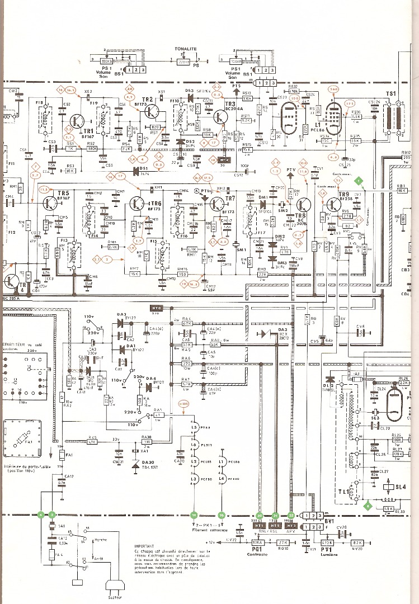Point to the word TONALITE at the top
[185, 49]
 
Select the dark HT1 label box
[260, 526]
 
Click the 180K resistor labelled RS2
[92, 149]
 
